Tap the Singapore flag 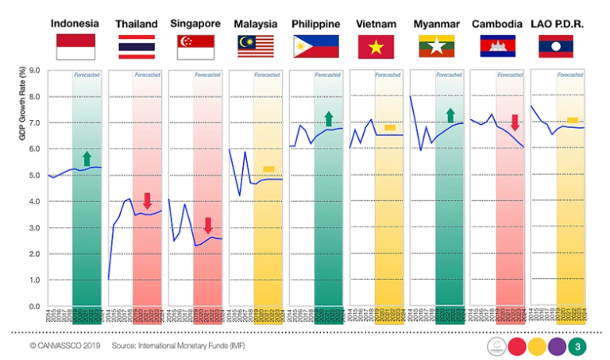[x=195, y=47]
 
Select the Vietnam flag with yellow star [x=376, y=47]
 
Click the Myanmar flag [x=437, y=47]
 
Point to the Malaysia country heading [x=255, y=24]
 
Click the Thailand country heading [x=136, y=24]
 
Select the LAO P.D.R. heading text [x=558, y=24]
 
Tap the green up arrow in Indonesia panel [x=87, y=158]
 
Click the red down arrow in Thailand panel [x=147, y=200]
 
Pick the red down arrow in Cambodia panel [x=515, y=122]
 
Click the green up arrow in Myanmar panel [x=450, y=115]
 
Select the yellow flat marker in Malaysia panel [x=269, y=168]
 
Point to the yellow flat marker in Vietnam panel [x=390, y=127]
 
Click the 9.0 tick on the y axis [x=34, y=70]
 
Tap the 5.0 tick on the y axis [x=34, y=176]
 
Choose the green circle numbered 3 [x=580, y=346]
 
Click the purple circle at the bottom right [x=558, y=346]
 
